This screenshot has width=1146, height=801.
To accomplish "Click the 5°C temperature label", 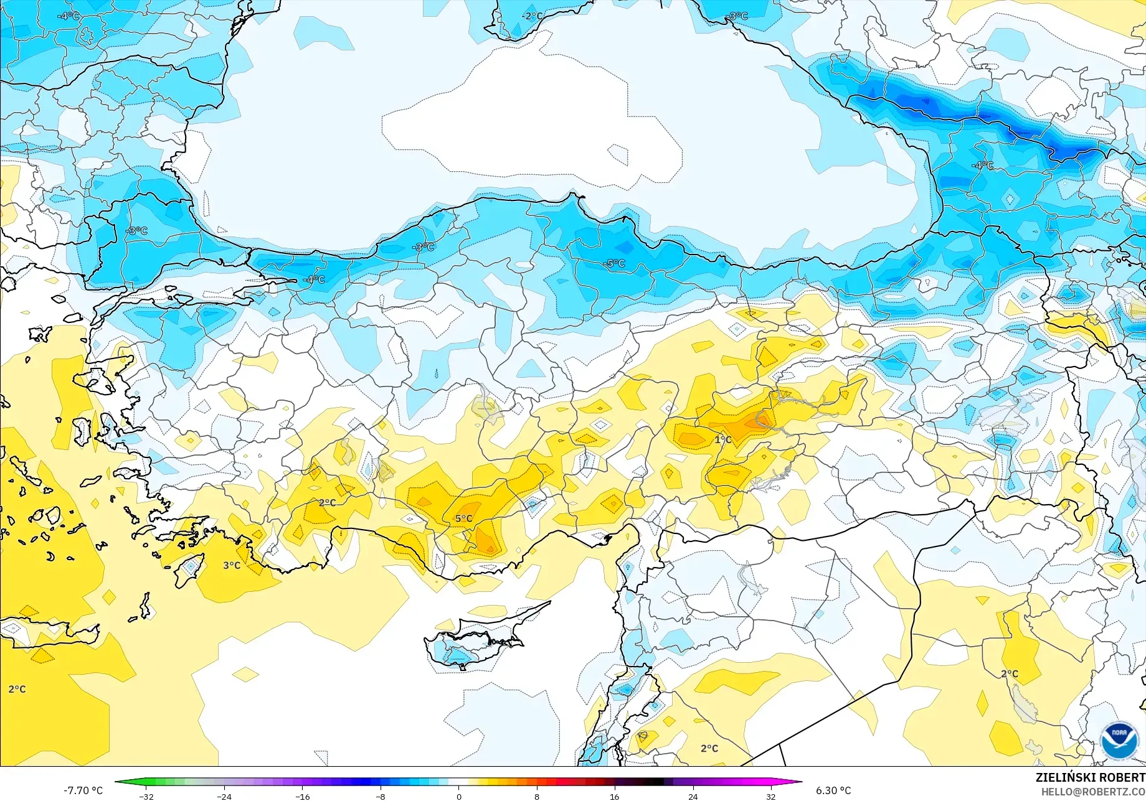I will point(463,518).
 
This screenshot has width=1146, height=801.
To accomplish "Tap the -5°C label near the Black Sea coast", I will point(614,263).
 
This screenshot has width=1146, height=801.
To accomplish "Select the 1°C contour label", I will point(722,439).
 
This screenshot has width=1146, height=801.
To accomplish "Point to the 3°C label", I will point(232,565).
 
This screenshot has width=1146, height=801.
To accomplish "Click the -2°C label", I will point(532,16).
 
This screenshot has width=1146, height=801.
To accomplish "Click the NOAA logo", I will point(1119,740).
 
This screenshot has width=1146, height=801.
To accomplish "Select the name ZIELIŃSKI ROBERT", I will point(1090,777).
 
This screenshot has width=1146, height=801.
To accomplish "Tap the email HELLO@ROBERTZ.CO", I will point(1093,791).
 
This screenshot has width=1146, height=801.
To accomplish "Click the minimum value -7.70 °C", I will point(83,790).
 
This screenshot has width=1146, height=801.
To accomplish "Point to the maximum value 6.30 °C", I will point(833,790).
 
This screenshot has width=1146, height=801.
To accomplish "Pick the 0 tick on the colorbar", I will point(459,796).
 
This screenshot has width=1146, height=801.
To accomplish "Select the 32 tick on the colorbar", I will point(771,796).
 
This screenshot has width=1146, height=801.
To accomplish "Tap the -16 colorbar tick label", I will point(302,796).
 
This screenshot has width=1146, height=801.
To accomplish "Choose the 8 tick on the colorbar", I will point(537,796).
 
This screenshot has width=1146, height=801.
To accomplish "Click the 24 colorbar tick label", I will point(693,796).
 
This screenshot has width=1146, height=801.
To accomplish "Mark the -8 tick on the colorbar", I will point(381,796).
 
